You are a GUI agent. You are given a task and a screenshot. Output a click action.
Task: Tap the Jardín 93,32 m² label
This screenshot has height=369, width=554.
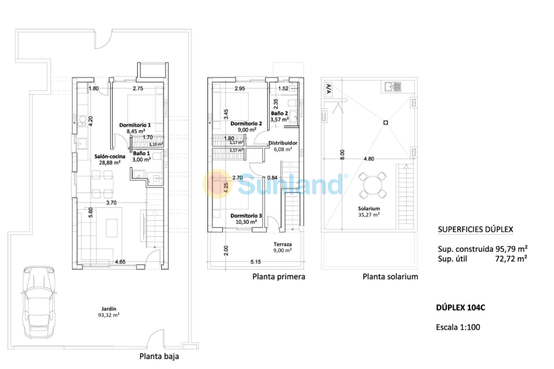point(109,312)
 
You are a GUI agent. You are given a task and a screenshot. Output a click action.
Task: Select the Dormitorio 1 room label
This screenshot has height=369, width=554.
point(137,127)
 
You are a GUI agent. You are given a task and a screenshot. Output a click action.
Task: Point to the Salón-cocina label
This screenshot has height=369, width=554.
point(110,161)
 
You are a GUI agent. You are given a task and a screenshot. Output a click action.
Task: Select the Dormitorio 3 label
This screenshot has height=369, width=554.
point(246,219)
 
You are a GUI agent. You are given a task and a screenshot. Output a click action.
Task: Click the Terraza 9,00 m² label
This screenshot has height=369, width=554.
point(283,247)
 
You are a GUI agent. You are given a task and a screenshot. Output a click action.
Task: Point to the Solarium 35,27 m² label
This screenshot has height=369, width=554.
point(369,212)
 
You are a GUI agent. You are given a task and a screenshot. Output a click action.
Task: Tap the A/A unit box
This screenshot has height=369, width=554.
point(328,89)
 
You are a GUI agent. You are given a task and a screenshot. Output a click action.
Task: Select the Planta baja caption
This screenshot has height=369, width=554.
point(159,355)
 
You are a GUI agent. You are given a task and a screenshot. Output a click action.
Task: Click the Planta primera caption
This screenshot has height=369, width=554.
point(278,277)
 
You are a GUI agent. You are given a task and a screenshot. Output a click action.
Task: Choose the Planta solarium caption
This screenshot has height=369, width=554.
point(390,277)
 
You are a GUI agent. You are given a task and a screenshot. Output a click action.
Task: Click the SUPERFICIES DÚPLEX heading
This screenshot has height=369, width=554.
point(475,229)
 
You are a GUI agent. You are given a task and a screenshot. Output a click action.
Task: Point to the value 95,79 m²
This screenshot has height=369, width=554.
point(511,249)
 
